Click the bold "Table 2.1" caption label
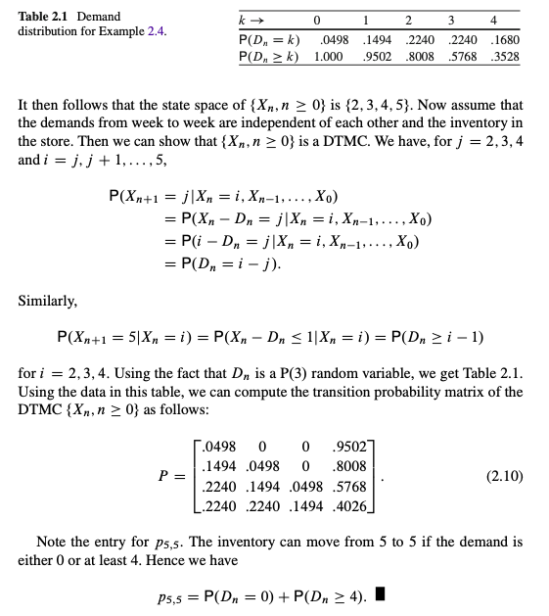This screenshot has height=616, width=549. pos(46,17)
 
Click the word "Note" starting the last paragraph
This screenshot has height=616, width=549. pos(53,541)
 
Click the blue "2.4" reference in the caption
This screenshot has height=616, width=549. pos(155,31)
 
